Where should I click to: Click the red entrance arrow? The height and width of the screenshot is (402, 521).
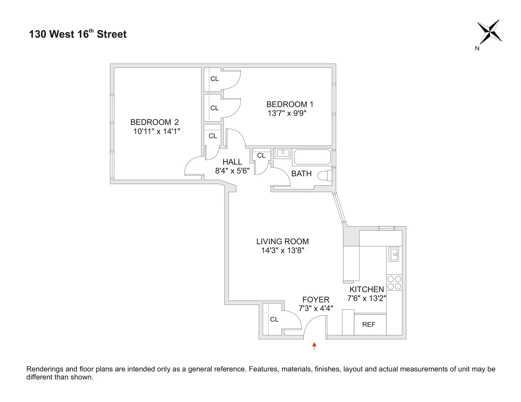click(x=314, y=346)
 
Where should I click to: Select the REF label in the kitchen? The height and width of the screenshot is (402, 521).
click(x=368, y=324)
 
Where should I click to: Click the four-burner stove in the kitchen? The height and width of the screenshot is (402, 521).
click(x=394, y=283)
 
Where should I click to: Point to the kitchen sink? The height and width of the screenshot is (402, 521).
click(x=394, y=254)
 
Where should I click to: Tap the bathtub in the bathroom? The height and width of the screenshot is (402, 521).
click(x=312, y=157)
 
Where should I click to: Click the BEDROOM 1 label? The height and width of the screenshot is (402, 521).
click(x=289, y=104)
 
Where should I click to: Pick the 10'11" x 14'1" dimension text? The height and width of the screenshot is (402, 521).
click(x=157, y=131)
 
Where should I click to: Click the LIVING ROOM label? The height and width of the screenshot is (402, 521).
click(x=282, y=241)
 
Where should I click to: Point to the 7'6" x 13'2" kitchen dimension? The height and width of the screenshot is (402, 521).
click(x=366, y=298)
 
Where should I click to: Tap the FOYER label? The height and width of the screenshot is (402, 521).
click(x=316, y=299)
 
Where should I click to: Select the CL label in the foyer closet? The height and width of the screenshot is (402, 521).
click(x=274, y=319)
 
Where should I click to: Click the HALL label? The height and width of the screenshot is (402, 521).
click(x=232, y=162)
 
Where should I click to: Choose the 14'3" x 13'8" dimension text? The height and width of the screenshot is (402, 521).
click(x=282, y=250)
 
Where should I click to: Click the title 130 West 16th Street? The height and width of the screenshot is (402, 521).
click(x=78, y=34)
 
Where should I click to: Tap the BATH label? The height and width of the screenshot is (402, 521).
click(x=301, y=173)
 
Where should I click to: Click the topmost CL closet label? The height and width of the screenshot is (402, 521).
click(x=214, y=79)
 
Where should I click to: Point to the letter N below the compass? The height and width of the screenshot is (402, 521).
click(x=477, y=49)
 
